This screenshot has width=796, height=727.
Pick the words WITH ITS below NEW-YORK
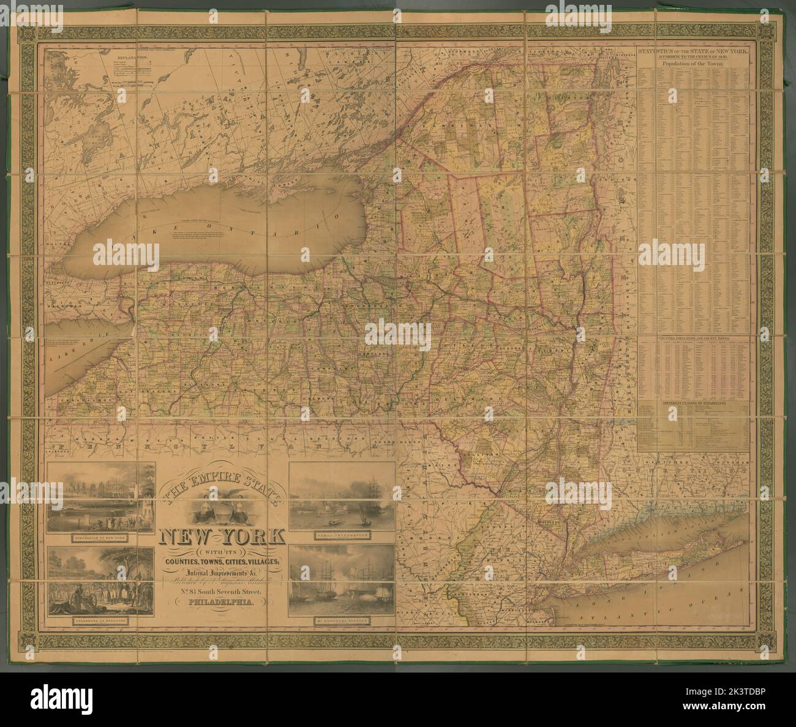point(221,548)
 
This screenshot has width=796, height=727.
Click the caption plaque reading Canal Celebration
point(341,533)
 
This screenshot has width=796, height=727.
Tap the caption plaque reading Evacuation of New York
point(100,533)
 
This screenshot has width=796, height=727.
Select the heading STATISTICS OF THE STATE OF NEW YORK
point(693,54)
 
